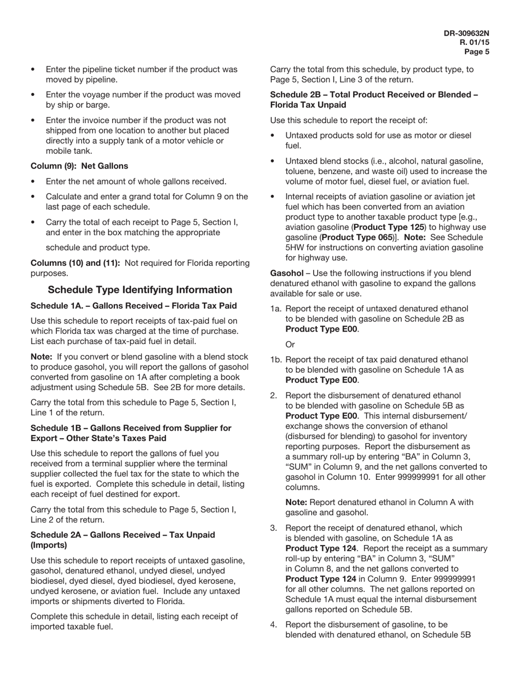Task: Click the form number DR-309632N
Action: click(466, 33)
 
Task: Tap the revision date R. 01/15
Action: click(475, 42)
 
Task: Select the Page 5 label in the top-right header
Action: click(477, 52)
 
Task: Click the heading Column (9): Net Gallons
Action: click(79, 166)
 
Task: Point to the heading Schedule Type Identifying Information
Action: click(140, 289)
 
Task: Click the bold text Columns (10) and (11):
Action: click(75, 263)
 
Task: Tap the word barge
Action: click(99, 105)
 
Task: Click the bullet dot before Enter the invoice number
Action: click(33, 120)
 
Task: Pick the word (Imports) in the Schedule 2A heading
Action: click(49, 545)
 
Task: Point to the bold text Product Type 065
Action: click(357, 237)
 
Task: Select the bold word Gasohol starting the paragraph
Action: click(286, 273)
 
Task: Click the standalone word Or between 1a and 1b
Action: click(290, 345)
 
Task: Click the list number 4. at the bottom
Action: click(274, 624)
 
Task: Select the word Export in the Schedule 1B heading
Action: click(44, 438)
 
